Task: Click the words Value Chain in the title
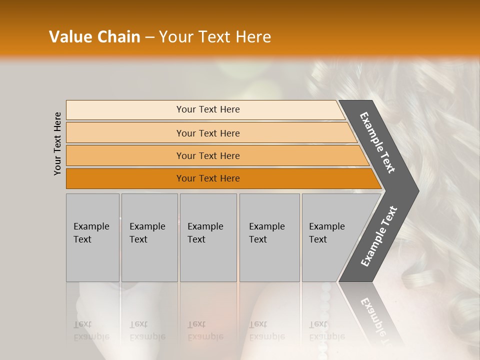pyautogui.click(x=94, y=37)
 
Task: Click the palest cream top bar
pyautogui.click(x=125, y=109)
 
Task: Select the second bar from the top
pyautogui.click(x=125, y=133)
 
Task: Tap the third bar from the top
pyautogui.click(x=125, y=155)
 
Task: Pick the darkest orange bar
pyautogui.click(x=125, y=178)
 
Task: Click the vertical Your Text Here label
pyautogui.click(x=57, y=143)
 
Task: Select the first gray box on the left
pyautogui.click(x=92, y=237)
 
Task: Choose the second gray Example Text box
pyautogui.click(x=149, y=237)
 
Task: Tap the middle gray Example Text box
pyautogui.click(x=208, y=237)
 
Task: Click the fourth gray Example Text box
pyautogui.click(x=269, y=237)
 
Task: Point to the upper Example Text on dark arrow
pyautogui.click(x=377, y=142)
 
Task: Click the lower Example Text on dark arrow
pyautogui.click(x=378, y=236)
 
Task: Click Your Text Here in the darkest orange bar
pyautogui.click(x=208, y=178)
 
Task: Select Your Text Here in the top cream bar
pyautogui.click(x=208, y=109)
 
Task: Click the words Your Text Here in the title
pyautogui.click(x=215, y=37)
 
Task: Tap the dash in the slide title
pyautogui.click(x=149, y=37)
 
